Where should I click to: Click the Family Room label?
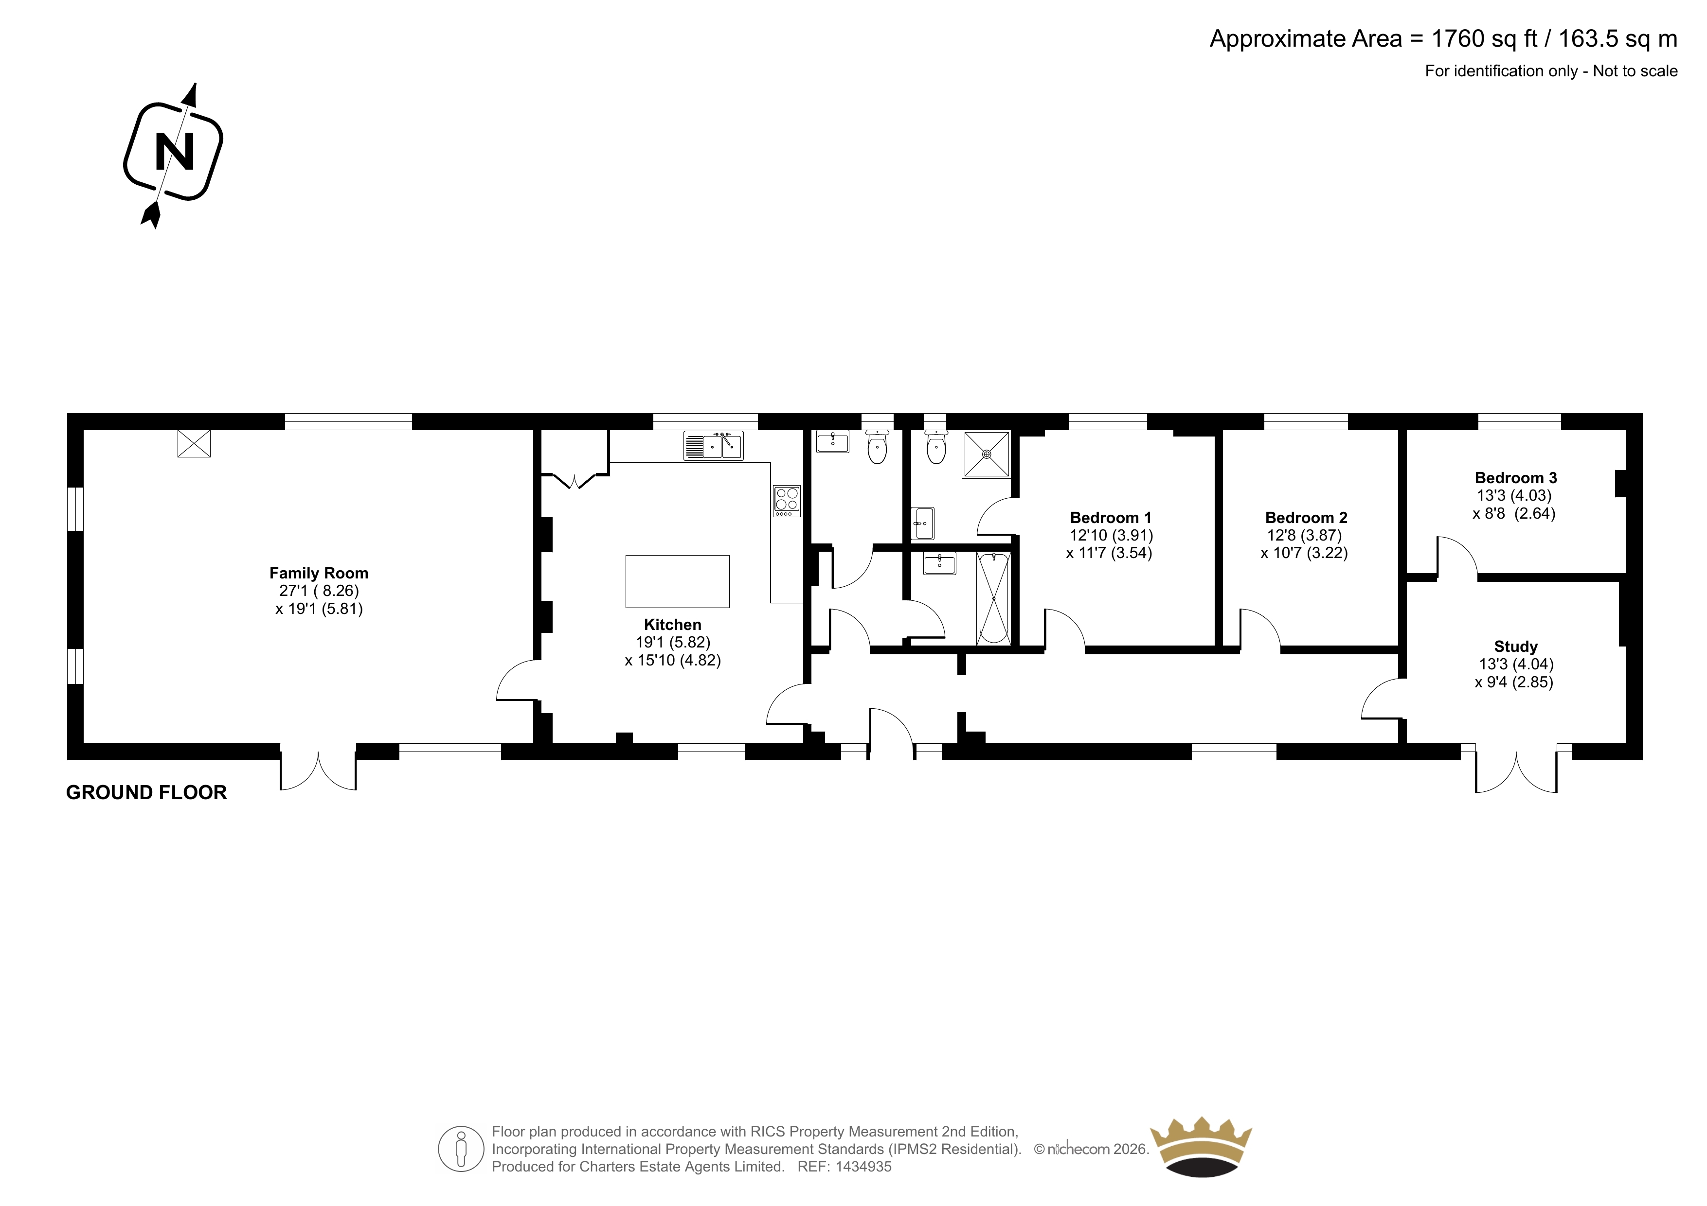319,573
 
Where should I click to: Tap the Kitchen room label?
673,625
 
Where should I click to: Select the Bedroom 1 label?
1111,518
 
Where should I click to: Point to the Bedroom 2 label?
1306,518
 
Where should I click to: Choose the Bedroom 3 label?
1516,478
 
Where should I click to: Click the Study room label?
1516,647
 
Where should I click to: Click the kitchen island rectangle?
677,581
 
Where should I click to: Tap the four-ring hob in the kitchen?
787,501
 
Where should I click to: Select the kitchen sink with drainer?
713,446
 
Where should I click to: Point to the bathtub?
994,598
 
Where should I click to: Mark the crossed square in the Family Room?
194,444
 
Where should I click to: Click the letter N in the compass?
175,152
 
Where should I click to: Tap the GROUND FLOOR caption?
146,793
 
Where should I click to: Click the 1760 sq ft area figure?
1485,38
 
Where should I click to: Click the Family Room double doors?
318,771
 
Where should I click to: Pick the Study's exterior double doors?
1516,773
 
